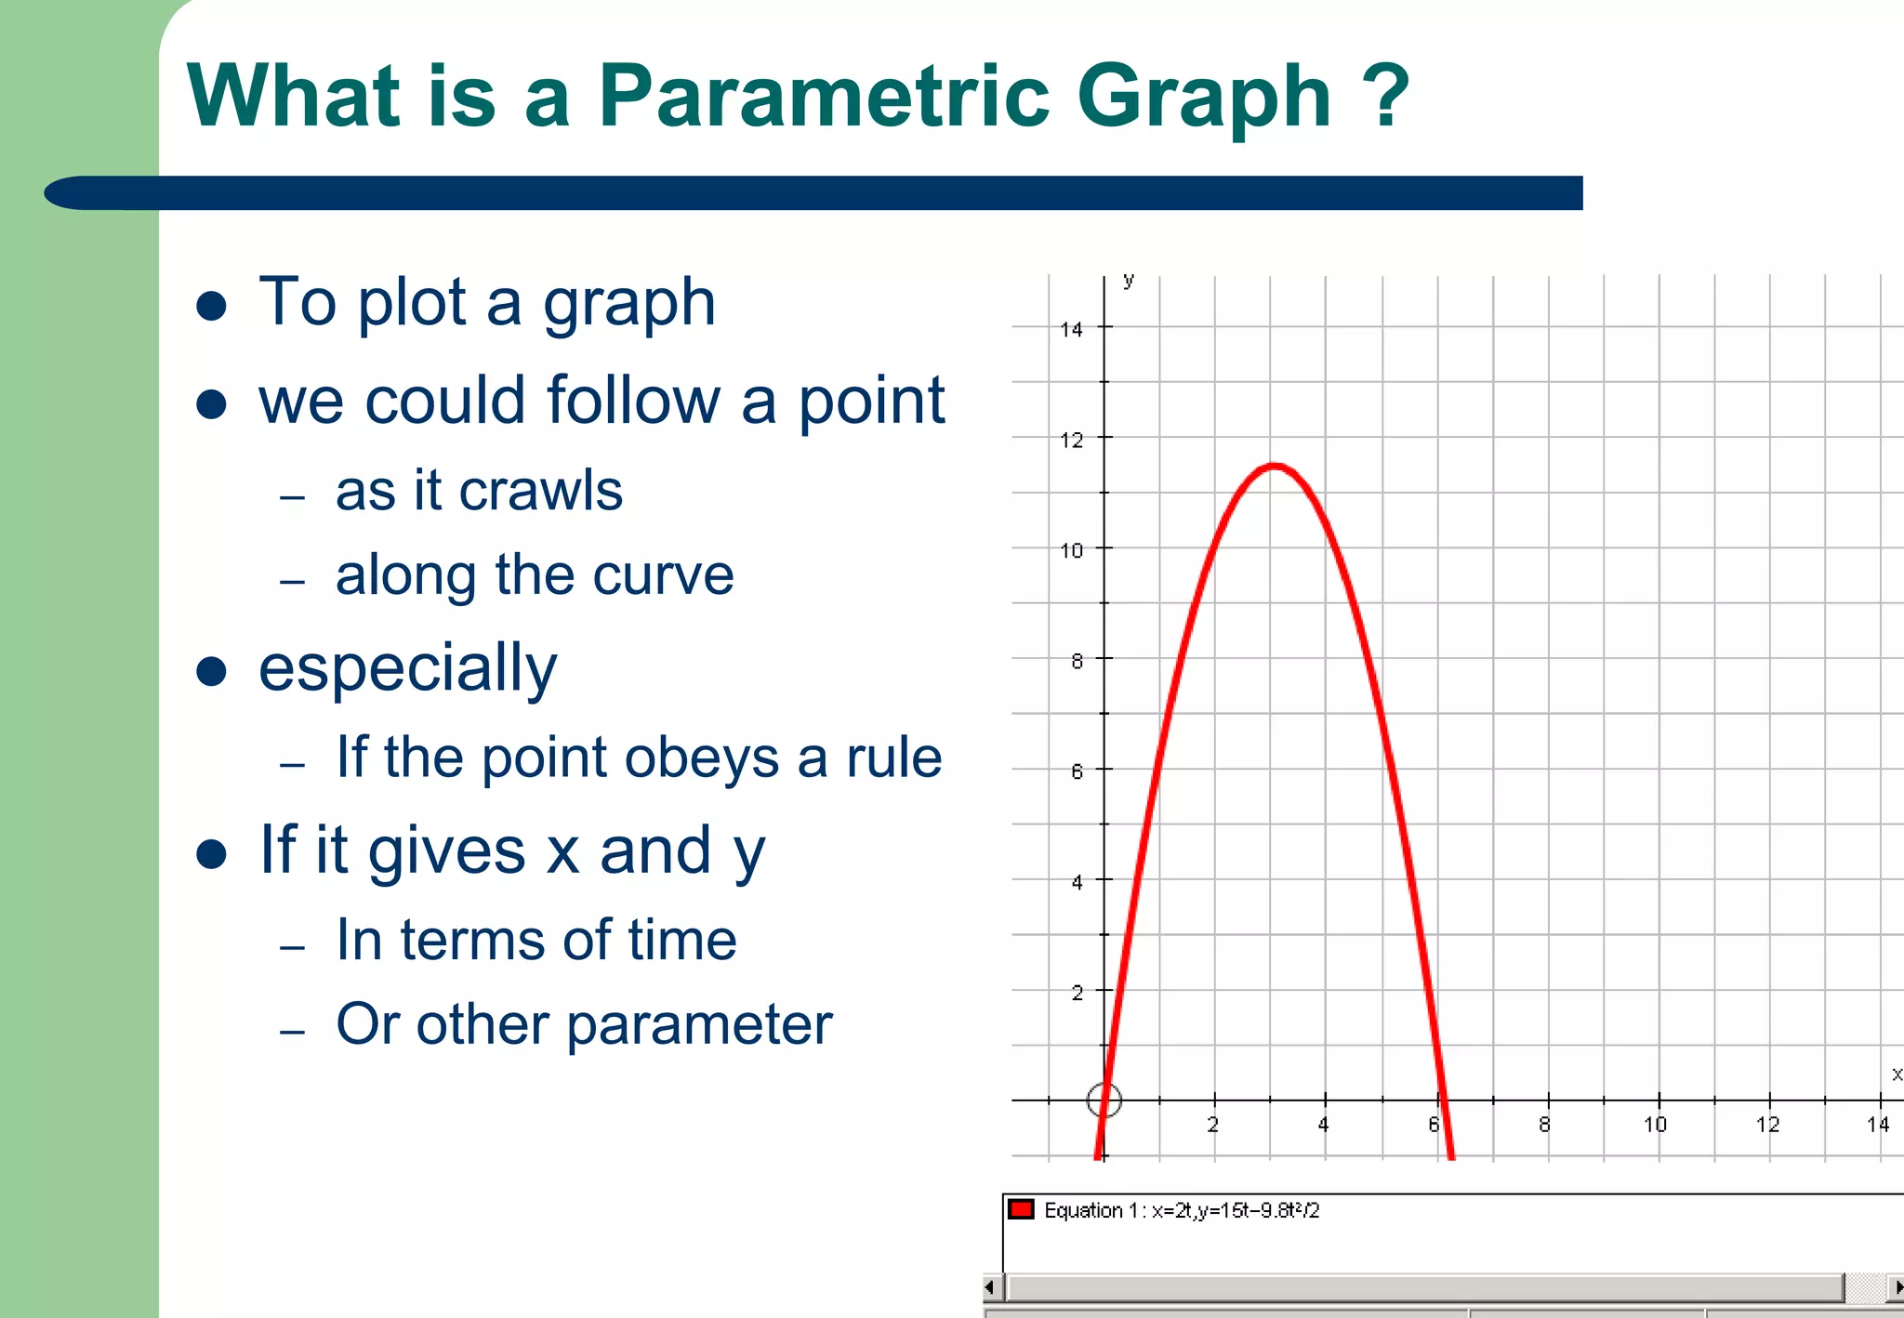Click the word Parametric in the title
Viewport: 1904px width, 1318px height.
(823, 97)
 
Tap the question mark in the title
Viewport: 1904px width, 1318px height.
(1387, 97)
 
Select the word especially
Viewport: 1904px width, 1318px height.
(407, 669)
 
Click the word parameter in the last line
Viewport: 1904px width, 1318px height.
(699, 1025)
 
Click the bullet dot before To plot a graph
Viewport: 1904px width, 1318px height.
(212, 306)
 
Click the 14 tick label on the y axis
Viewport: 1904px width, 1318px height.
(1071, 329)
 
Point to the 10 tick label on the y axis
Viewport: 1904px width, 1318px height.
(1071, 550)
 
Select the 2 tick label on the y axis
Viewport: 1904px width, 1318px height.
(1077, 993)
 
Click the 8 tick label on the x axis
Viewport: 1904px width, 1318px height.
(1544, 1125)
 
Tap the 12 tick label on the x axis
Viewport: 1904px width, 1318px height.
(1767, 1125)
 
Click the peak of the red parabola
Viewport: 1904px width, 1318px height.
(1274, 466)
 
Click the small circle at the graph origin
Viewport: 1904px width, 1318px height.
(1104, 1101)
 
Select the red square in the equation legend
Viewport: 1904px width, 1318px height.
(1021, 1209)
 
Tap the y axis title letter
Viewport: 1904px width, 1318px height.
(1128, 280)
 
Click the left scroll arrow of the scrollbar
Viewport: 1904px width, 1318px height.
(990, 1287)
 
